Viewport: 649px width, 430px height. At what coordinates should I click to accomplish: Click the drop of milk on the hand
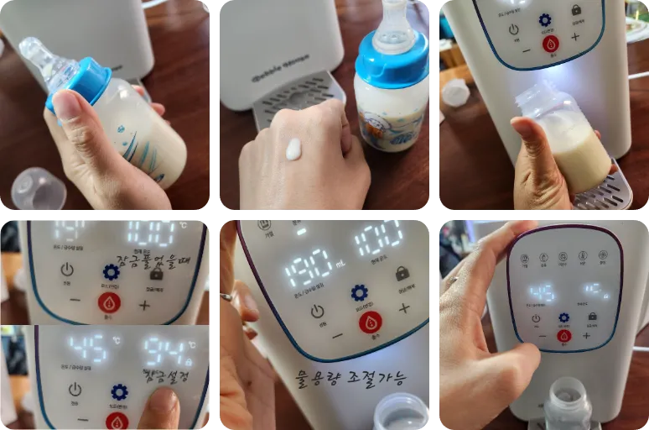(293, 150)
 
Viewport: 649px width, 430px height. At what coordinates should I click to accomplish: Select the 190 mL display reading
(309, 268)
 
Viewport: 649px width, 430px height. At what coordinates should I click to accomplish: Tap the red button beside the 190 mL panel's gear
(370, 321)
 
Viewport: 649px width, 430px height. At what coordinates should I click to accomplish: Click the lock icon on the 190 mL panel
(402, 274)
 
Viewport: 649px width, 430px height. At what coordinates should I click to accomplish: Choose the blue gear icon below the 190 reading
(360, 292)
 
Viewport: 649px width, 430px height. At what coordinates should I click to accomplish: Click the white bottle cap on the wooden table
(455, 92)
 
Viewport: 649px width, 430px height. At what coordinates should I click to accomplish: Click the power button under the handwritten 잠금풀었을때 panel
(67, 270)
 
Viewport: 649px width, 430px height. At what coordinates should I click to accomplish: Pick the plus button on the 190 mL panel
(405, 308)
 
